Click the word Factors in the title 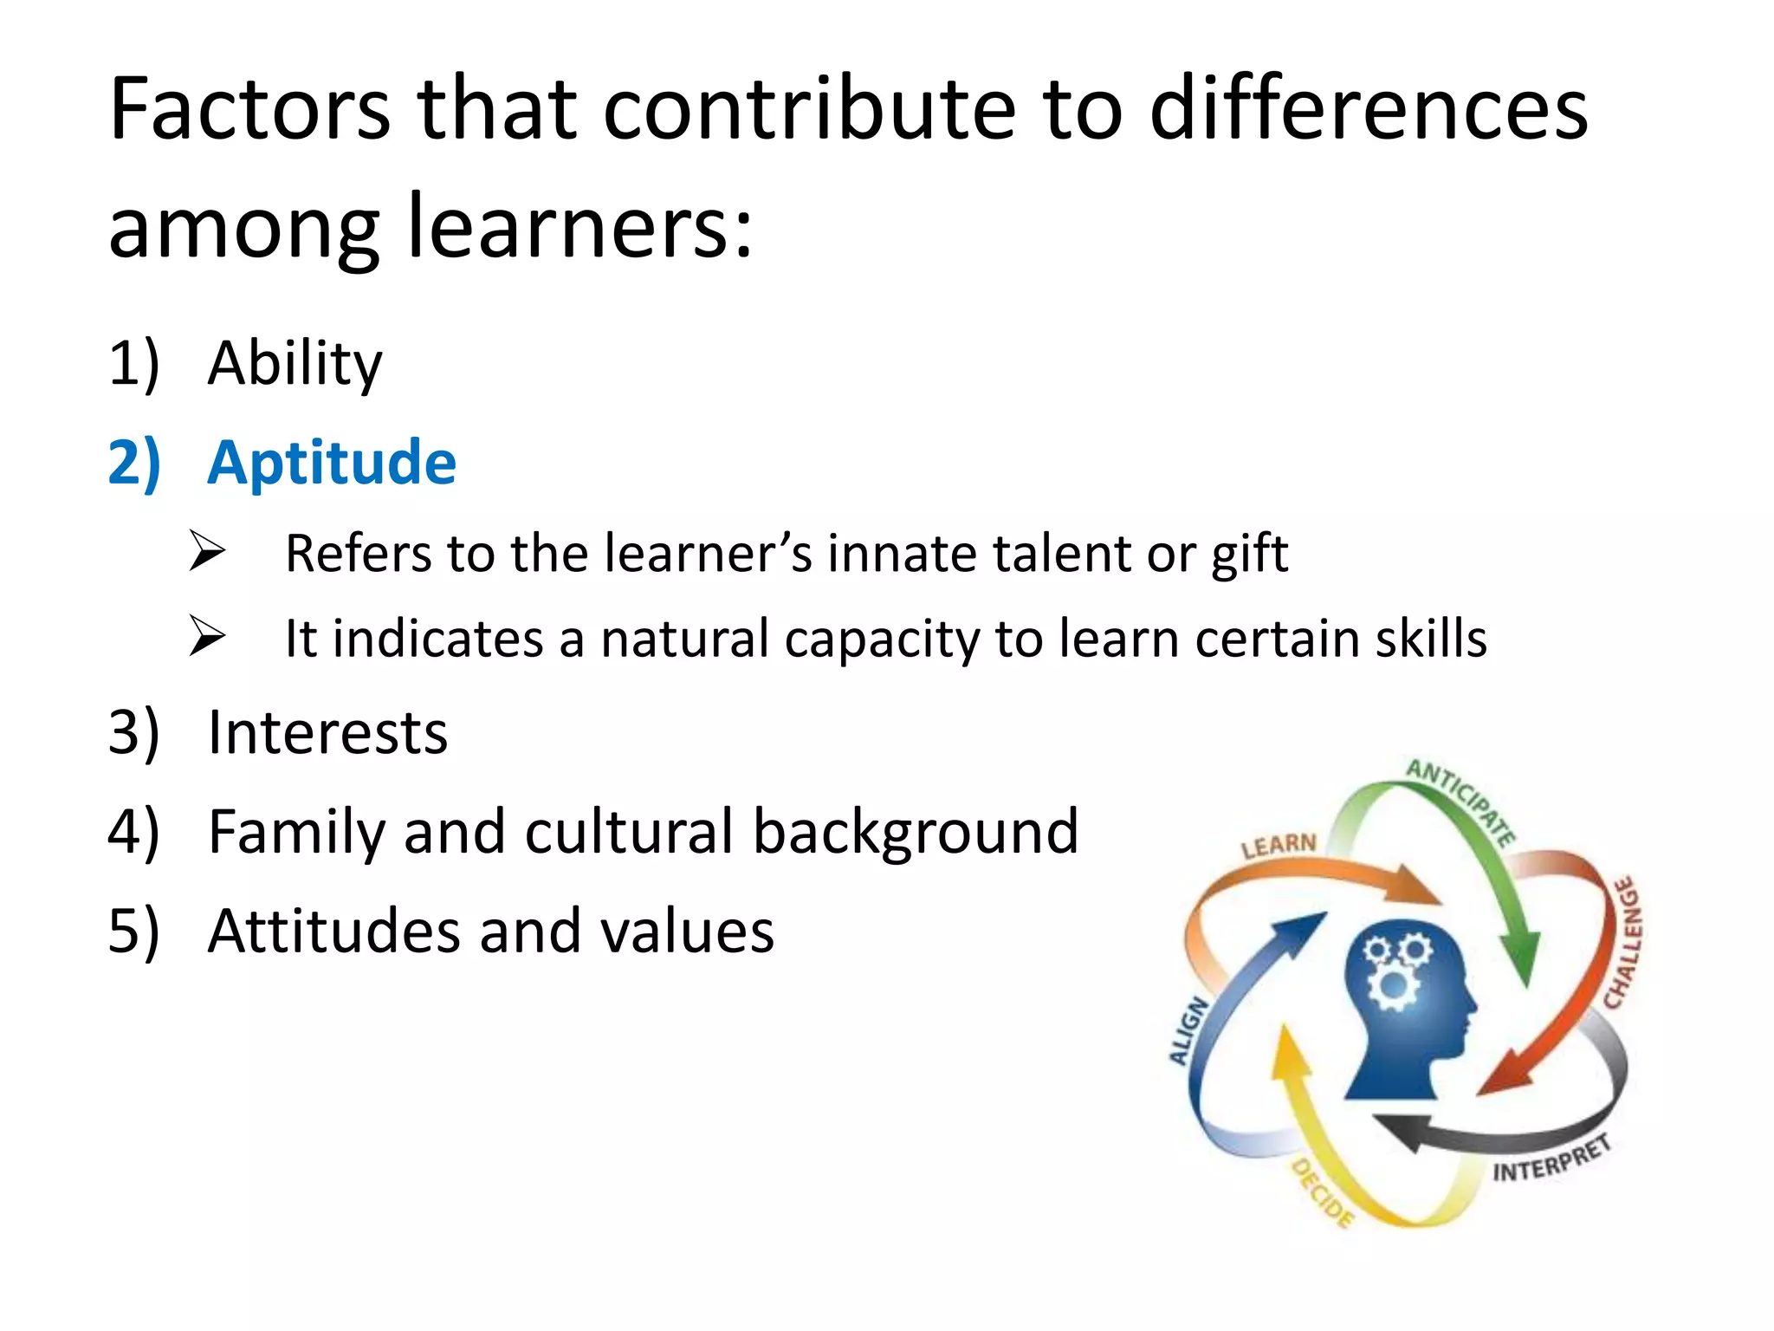point(249,110)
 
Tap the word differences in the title point(1368,110)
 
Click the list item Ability point(295,364)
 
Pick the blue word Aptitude point(332,463)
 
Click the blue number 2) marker point(134,463)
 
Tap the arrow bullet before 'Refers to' point(207,551)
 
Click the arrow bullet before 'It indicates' point(207,636)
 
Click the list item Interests point(327,733)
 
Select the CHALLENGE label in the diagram point(1623,943)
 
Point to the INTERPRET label point(1551,1160)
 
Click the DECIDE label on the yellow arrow point(1323,1192)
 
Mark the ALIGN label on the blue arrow point(1188,1030)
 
